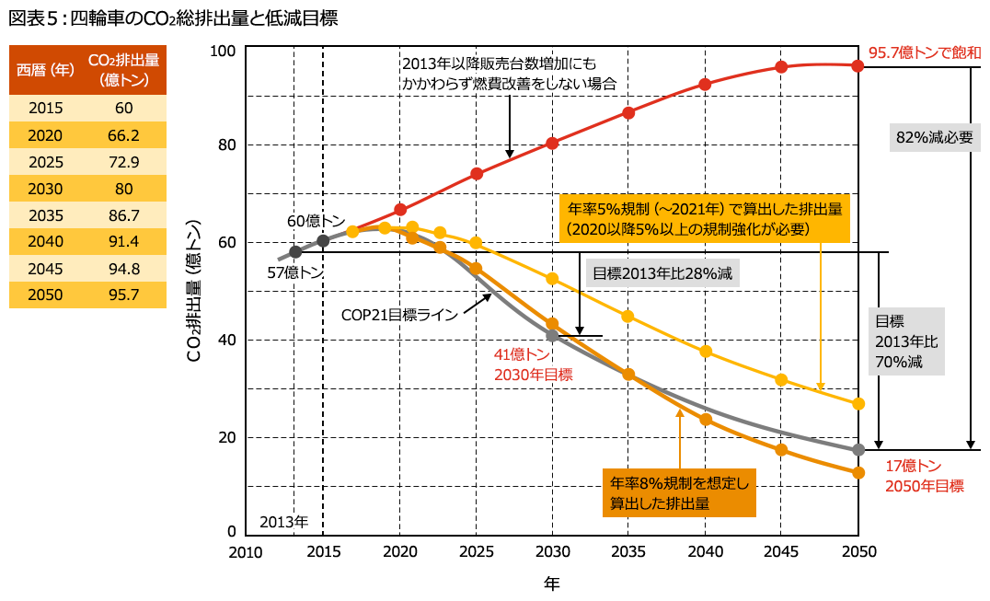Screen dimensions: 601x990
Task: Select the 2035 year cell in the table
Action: pyautogui.click(x=46, y=216)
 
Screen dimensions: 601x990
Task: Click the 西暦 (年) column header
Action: pyautogui.click(x=46, y=70)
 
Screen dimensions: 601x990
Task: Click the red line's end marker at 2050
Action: pyautogui.click(x=858, y=65)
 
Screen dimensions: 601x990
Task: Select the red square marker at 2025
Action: pyautogui.click(x=477, y=173)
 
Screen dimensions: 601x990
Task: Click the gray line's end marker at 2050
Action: pyautogui.click(x=858, y=449)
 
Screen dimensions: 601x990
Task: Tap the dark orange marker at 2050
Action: pyautogui.click(x=858, y=472)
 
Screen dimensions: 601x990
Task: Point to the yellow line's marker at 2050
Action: pyautogui.click(x=858, y=403)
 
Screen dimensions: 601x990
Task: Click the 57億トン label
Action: pyautogui.click(x=296, y=272)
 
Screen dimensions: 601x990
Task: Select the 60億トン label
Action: pyautogui.click(x=316, y=222)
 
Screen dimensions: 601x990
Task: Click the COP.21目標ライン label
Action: pyautogui.click(x=400, y=315)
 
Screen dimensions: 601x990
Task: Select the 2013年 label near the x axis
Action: pyautogui.click(x=282, y=522)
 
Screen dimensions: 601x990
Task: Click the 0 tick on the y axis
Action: pyautogui.click(x=233, y=532)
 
